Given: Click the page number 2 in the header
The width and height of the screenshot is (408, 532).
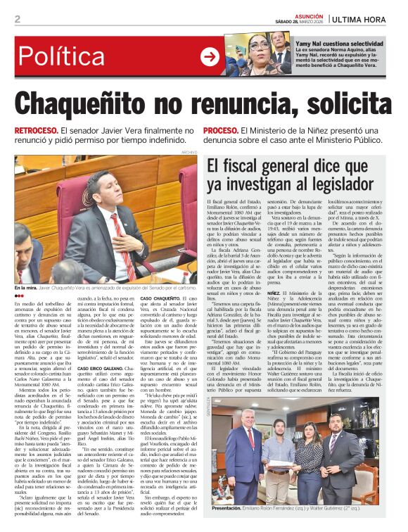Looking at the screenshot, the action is click(18, 19).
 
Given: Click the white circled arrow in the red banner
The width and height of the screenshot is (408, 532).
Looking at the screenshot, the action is click(210, 56).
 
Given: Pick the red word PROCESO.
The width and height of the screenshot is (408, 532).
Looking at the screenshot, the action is click(240, 132).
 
